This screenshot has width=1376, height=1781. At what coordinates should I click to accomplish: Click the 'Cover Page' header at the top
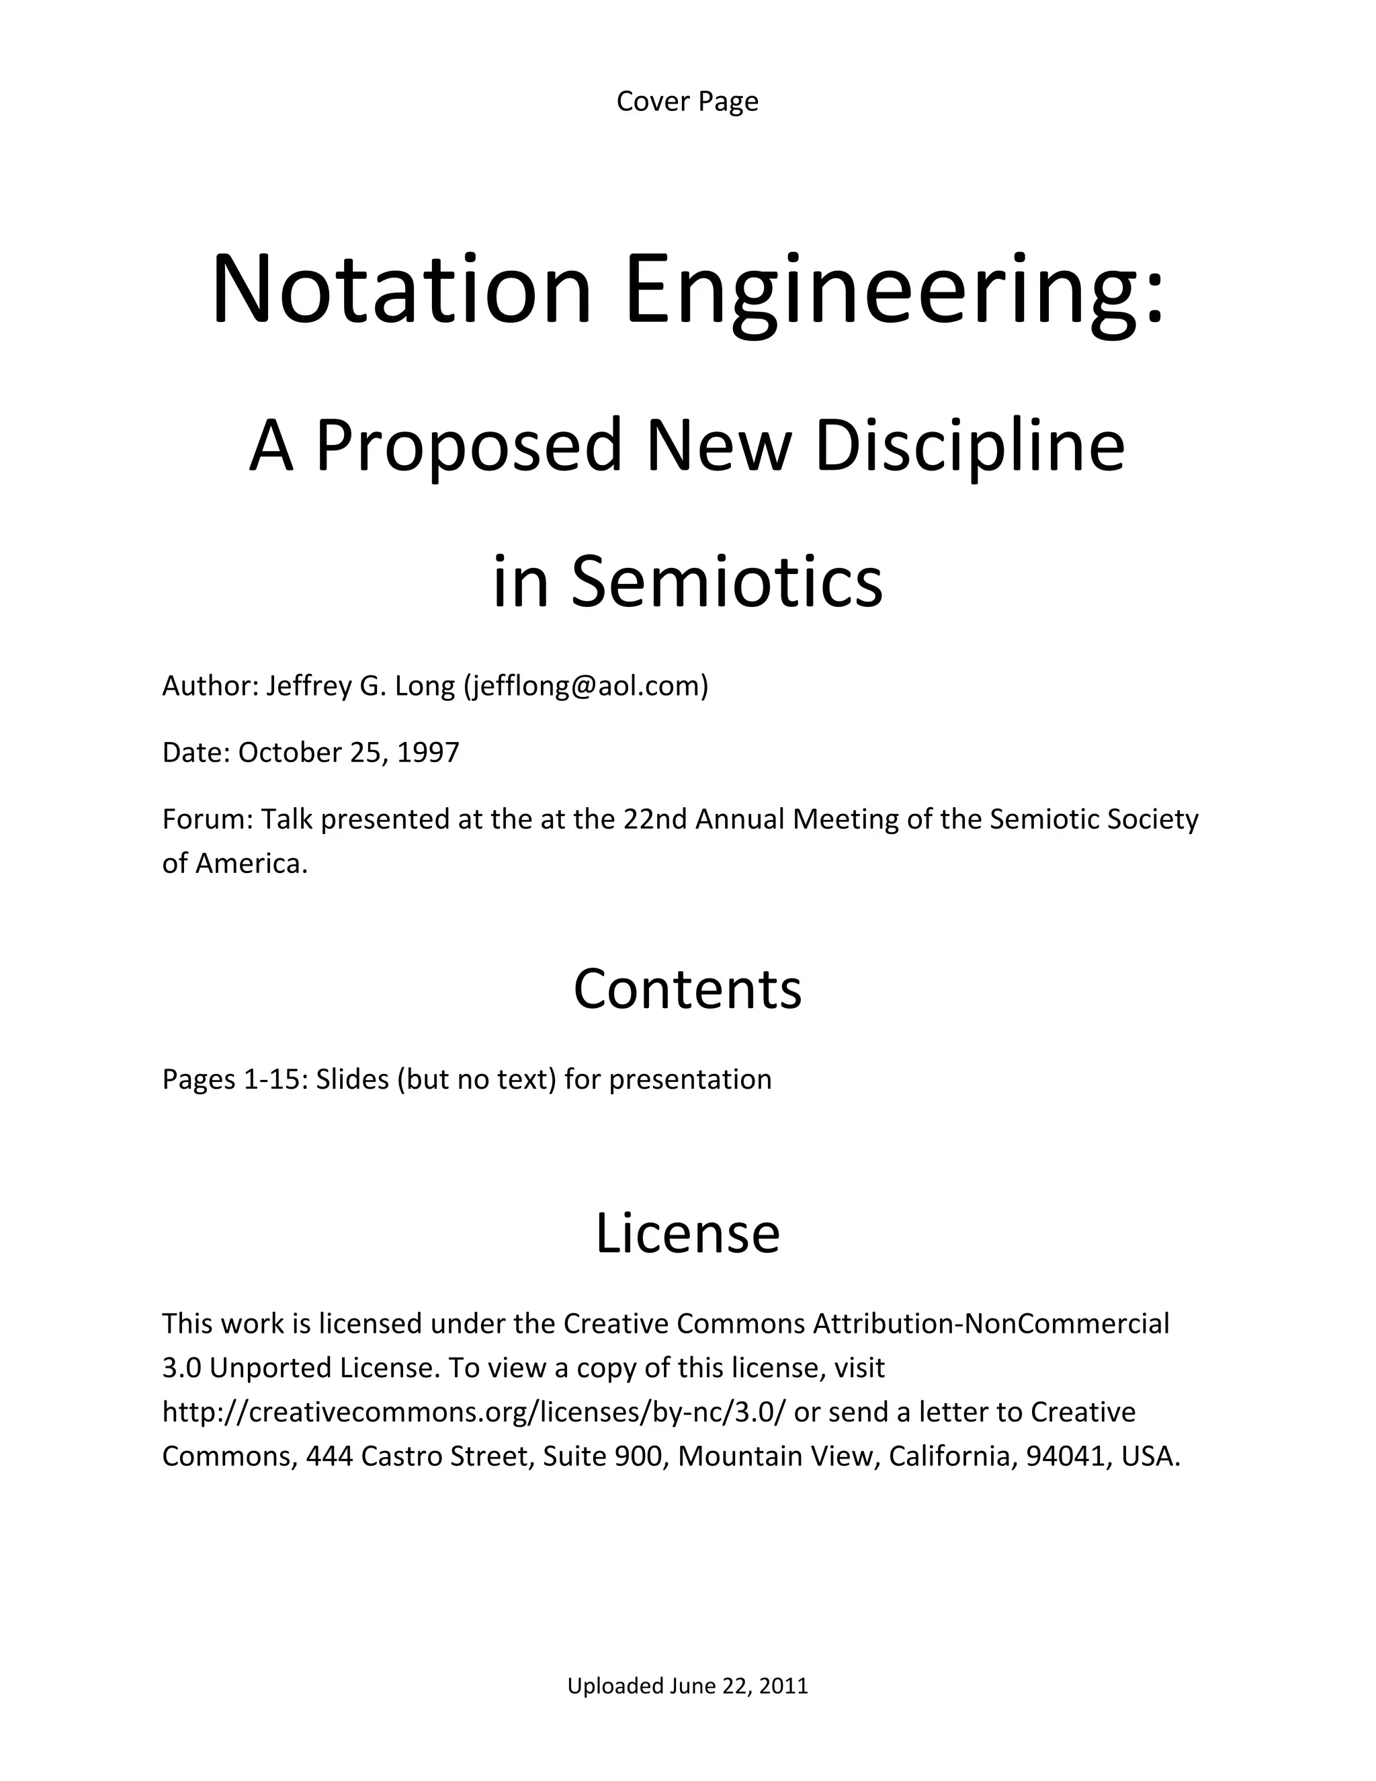[x=687, y=101]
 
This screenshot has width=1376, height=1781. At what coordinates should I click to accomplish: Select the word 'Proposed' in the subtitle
[x=470, y=446]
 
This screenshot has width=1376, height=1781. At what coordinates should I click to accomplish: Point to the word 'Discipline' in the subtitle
[x=970, y=446]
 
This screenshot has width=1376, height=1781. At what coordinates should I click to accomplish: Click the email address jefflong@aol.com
[x=586, y=686]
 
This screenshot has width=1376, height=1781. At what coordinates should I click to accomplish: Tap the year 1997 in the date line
[x=428, y=752]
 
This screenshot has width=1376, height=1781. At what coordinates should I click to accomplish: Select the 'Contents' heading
[x=687, y=989]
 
